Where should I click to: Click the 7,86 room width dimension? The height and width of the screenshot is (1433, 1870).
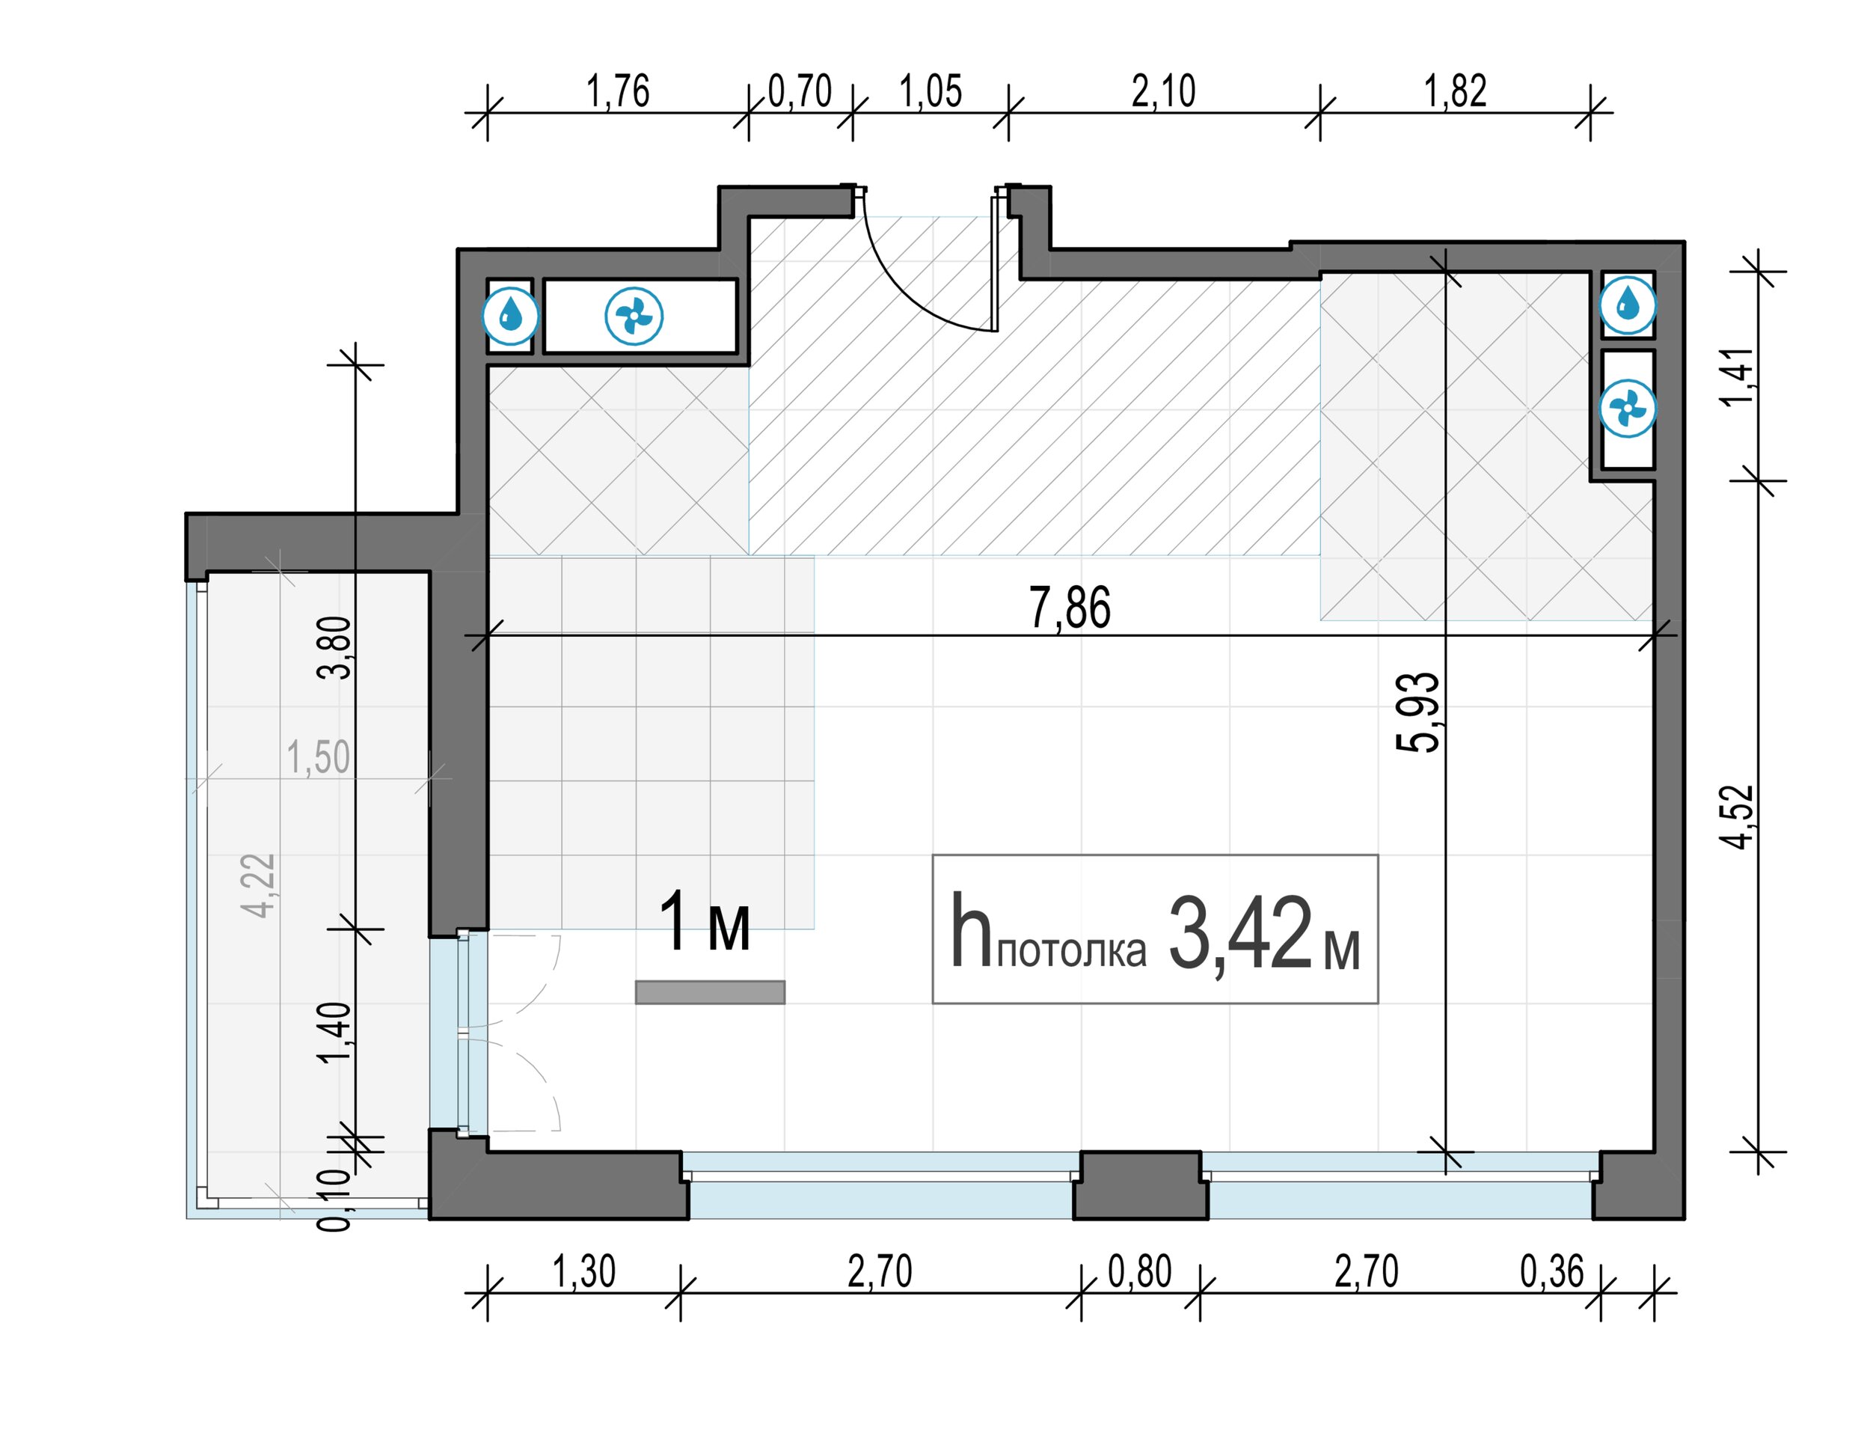1070,608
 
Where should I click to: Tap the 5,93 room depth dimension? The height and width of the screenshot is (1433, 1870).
1417,712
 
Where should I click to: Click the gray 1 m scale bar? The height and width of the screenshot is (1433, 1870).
709,992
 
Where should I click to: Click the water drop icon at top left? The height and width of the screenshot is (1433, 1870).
511,316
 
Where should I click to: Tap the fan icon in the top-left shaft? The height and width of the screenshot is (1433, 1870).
634,317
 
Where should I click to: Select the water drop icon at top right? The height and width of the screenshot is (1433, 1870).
1628,305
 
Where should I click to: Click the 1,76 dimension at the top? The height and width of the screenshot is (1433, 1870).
617,91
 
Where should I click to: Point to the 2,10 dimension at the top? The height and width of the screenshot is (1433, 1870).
1163,91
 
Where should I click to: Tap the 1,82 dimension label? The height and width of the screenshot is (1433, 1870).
1455,91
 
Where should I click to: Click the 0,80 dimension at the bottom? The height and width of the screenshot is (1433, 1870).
1139,1272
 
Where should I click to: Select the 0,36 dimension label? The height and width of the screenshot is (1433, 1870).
1551,1272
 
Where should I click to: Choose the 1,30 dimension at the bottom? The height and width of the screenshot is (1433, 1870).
584,1272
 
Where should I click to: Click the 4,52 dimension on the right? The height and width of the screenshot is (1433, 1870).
1737,816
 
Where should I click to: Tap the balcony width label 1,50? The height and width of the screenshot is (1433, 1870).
318,757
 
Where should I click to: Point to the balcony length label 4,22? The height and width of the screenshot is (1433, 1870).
258,885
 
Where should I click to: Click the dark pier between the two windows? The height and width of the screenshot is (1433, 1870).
1140,1185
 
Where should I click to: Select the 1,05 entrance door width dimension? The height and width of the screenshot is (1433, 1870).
931,91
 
